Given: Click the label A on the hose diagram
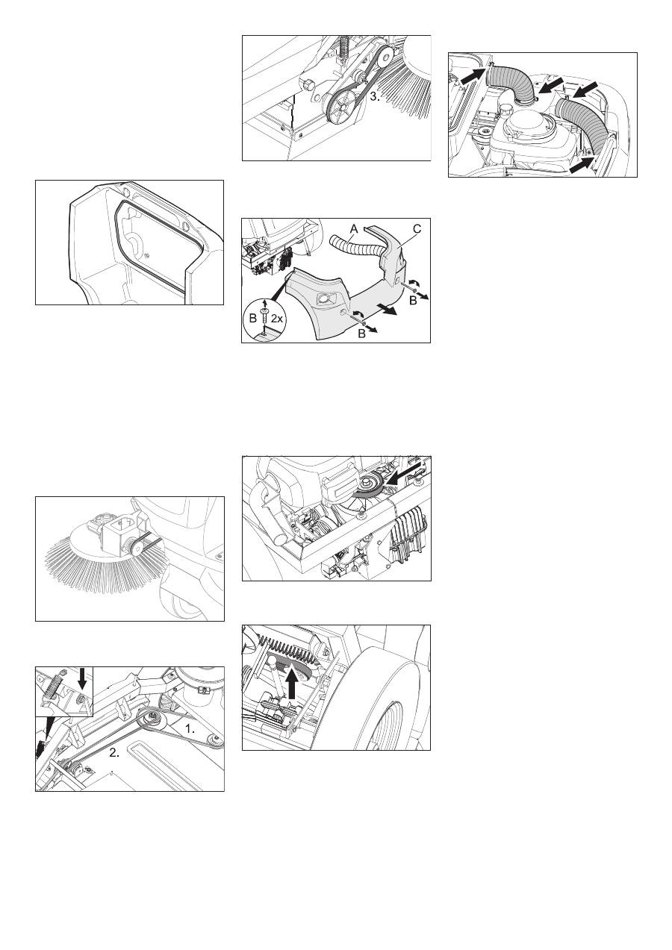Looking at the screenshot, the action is pos(354,229).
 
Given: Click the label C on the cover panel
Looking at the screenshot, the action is pos(417,229).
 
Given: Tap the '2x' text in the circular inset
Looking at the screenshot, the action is pos(276,318).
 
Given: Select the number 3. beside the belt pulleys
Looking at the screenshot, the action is pos(375,96).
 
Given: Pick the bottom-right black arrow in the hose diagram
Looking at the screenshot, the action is pos(581,165).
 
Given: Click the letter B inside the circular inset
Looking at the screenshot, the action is pos(253,318).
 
